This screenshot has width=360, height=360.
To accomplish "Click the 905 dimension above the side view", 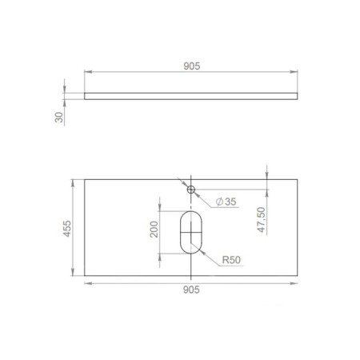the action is click(192, 66).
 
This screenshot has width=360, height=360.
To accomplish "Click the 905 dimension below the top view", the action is click(191, 290).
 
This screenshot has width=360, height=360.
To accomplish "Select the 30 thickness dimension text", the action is click(59, 118).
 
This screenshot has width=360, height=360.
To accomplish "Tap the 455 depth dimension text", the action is click(67, 229).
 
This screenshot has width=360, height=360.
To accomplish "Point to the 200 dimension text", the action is click(154, 230).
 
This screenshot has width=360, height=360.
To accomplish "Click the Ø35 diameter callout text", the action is click(226, 202).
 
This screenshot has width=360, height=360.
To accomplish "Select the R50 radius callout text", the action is click(231, 260).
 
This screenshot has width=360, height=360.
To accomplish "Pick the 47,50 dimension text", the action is click(262, 220).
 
